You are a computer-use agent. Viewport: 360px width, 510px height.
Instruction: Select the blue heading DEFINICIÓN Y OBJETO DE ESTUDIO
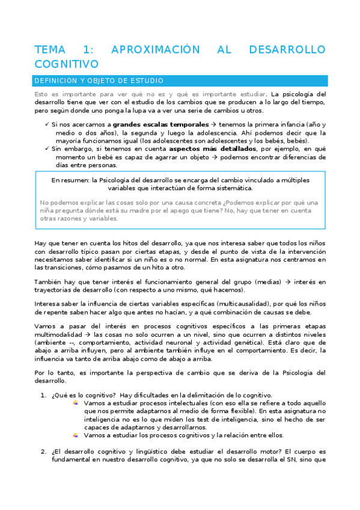[99, 80]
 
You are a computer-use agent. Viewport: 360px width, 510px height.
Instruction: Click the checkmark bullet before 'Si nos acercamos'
[47, 124]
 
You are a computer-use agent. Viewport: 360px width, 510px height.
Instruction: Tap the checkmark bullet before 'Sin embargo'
[47, 148]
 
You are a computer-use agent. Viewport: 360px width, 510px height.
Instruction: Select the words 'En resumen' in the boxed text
[69, 179]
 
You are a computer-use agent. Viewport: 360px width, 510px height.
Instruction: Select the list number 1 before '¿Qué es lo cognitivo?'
[43, 395]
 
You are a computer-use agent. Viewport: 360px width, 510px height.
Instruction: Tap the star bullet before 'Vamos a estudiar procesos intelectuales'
[76, 402]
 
